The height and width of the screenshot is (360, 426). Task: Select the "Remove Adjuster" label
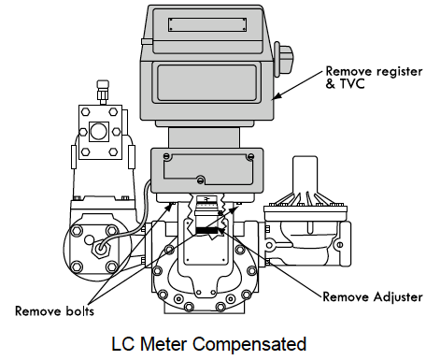[x=373, y=297]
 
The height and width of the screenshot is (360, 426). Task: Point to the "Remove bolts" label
[x=54, y=311]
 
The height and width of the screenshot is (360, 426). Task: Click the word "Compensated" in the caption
[x=249, y=344]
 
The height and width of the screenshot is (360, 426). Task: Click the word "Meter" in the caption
[x=163, y=344]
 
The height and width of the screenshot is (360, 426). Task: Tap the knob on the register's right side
[x=283, y=59]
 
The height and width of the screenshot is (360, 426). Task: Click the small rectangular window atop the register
[x=207, y=24]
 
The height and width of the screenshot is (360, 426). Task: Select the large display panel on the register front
[x=206, y=82]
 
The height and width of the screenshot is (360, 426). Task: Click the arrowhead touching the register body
[x=276, y=96]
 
